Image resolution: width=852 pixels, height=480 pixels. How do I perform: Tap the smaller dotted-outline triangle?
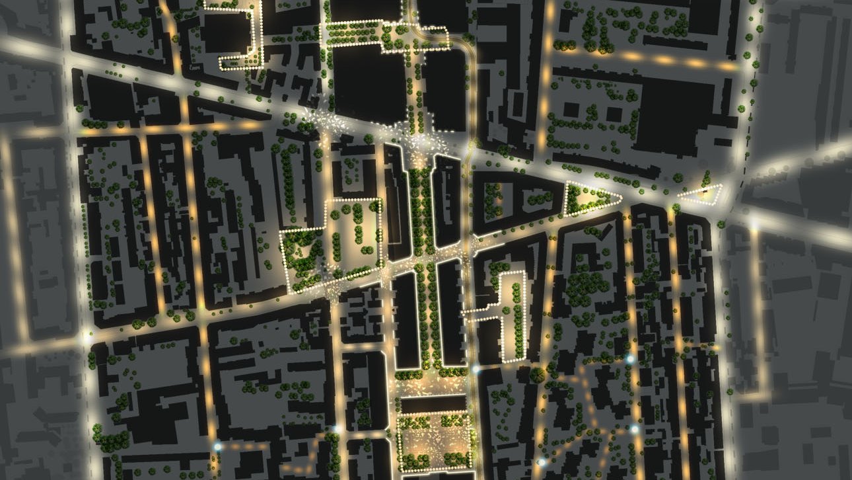tap(701, 194)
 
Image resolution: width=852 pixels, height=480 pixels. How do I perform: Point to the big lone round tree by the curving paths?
tap(538, 375)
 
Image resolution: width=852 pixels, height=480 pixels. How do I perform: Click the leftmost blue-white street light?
tap(217, 447)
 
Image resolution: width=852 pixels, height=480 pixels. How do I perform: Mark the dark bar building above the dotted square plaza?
tap(435, 404)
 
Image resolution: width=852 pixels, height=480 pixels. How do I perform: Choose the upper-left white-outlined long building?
tap(398, 198)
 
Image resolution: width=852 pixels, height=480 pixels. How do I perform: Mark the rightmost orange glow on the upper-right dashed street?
tap(727, 66)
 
